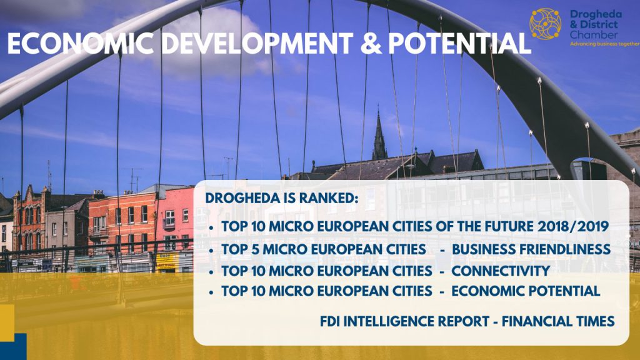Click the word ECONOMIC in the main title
pos(81,43)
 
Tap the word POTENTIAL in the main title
pos(459,43)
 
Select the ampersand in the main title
pos(371,43)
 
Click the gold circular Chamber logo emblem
pos(545,24)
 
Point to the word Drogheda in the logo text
pos(596,14)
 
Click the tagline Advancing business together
pos(604,44)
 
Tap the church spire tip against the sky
pos(378,107)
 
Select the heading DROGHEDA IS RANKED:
pos(282,198)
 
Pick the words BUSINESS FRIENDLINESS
pos(531,249)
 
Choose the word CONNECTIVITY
pos(501,271)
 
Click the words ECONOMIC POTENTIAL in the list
pos(525,291)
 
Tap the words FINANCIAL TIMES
pos(558,321)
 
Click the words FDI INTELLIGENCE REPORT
pos(404,321)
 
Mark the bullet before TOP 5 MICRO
pos(211,250)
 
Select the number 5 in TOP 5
pos(256,249)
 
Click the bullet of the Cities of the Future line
pos(211,227)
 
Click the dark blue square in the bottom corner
pos(14,346)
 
